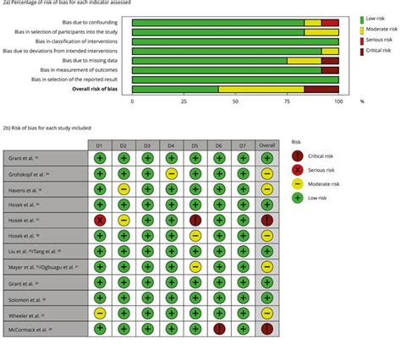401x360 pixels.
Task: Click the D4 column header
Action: point(171,145)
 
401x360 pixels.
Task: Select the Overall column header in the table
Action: point(267,145)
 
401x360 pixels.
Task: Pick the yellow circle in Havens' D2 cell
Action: point(124,188)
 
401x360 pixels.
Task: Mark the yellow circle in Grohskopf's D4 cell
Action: point(172,173)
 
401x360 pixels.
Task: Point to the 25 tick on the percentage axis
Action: point(184,101)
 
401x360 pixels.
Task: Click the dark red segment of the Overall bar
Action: point(321,89)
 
